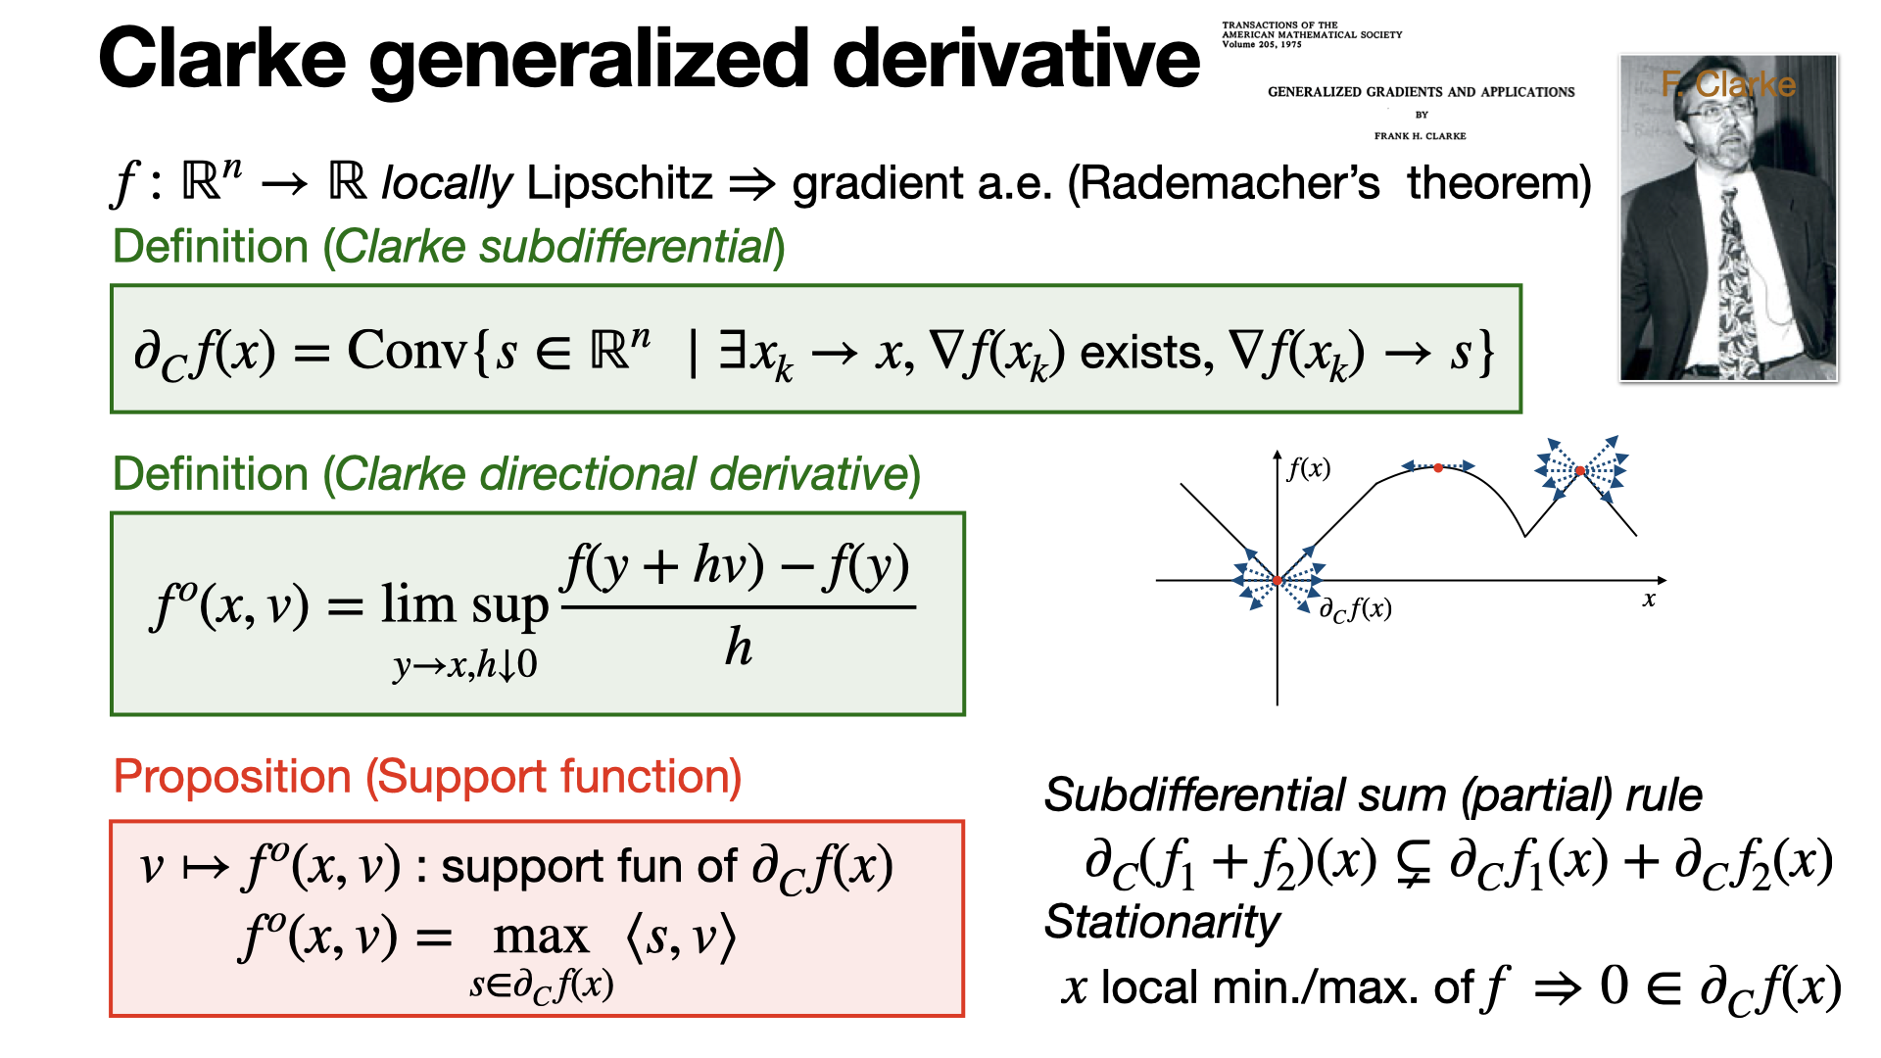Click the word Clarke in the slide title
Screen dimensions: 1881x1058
[222, 59]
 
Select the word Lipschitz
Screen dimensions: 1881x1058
[620, 183]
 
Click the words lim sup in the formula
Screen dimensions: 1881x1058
[464, 605]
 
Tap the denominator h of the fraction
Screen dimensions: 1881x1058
[739, 647]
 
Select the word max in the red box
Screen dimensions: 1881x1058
[541, 938]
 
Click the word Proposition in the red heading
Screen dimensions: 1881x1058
[232, 778]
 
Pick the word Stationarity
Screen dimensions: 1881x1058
[1162, 923]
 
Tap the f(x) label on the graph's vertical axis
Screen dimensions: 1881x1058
[1309, 468]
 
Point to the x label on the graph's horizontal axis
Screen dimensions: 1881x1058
[1649, 600]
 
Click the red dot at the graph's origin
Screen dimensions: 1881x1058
[1278, 581]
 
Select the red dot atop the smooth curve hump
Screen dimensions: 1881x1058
[1438, 468]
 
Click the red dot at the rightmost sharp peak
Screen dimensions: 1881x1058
[1580, 471]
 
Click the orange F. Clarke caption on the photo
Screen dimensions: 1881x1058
[1729, 84]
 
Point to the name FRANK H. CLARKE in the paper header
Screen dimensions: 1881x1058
[1420, 136]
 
